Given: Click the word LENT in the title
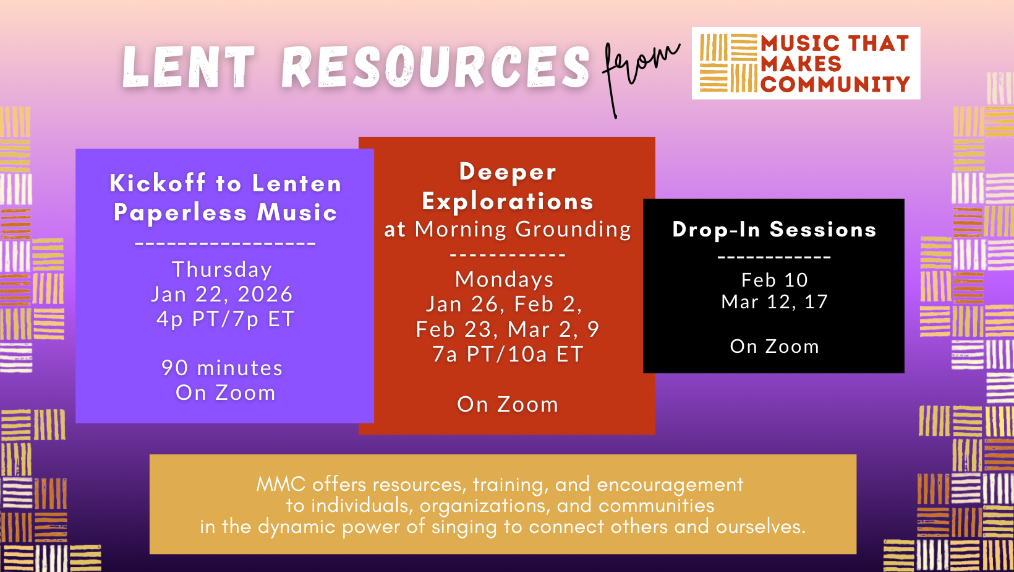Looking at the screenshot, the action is coord(189,67).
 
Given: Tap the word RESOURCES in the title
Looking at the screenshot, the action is coord(435,67).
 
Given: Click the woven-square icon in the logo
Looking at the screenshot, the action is coord(728,64).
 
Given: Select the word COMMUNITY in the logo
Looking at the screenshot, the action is coord(835,84).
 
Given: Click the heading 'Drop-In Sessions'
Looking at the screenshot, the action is coord(774,229).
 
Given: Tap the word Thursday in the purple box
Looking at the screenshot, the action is coord(222,270).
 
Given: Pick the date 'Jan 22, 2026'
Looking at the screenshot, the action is coord(222,295).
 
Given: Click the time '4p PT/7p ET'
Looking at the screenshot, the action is coord(226,319).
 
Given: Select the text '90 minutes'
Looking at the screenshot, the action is coord(222,368).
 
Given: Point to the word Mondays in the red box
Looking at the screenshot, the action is coord(505,279).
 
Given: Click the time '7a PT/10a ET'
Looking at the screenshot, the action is coord(508,355).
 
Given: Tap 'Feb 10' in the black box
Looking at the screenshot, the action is coord(775,280).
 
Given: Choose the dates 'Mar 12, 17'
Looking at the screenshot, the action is coord(775,302).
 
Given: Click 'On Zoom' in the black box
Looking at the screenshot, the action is coord(775,347).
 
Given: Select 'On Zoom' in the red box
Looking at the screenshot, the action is coord(508,404).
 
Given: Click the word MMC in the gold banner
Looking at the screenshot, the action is coord(281,485).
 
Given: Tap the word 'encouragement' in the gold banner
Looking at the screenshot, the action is coord(670,485).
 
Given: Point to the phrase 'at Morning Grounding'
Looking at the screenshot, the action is coord(508,229).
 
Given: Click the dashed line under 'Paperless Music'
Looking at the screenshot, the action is coord(226,243).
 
